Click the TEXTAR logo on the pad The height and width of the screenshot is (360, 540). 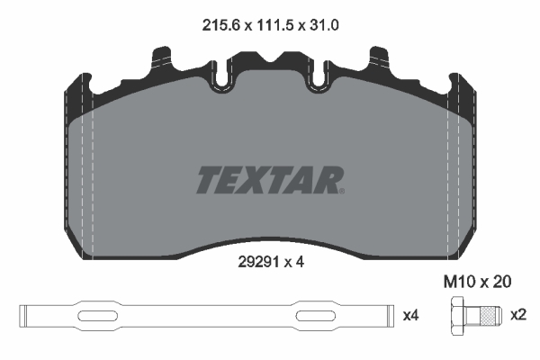tap(268, 179)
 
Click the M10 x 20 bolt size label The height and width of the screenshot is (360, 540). tap(478, 283)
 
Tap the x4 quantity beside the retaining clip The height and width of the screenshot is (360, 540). tap(410, 316)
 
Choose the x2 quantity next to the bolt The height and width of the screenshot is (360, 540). tap(517, 316)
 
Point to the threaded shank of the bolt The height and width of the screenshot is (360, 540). tap(486, 316)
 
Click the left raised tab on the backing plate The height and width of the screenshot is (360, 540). tap(165, 61)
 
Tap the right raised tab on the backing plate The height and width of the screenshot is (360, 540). tap(373, 61)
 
